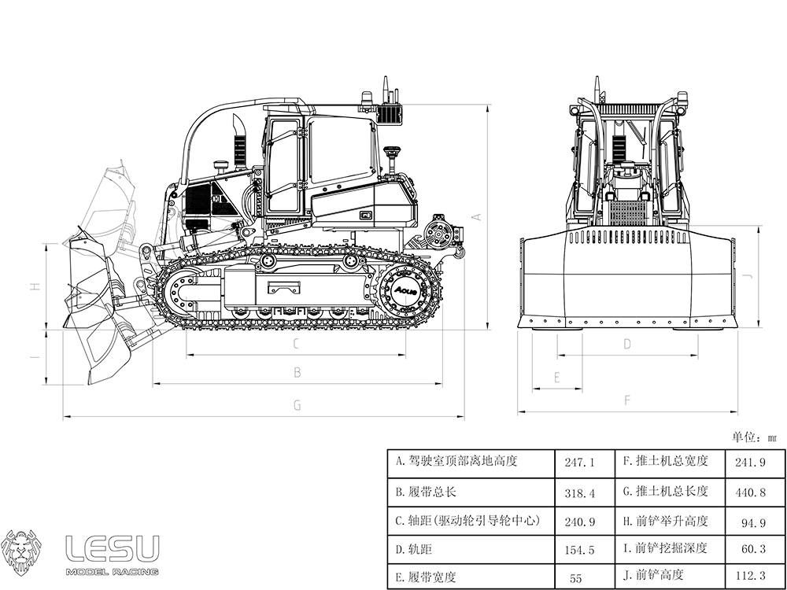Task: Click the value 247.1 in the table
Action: pyautogui.click(x=580, y=462)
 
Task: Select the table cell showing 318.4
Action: pyautogui.click(x=580, y=492)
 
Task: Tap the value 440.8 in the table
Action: pyautogui.click(x=750, y=492)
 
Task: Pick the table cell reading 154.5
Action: pyautogui.click(x=580, y=550)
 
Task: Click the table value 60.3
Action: pyautogui.click(x=754, y=548)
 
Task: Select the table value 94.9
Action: pyautogui.click(x=754, y=523)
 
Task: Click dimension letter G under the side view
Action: pyautogui.click(x=297, y=405)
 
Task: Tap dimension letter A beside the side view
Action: pyautogui.click(x=477, y=217)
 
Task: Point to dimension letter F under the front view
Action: pyautogui.click(x=627, y=400)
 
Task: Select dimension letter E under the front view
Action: pyautogui.click(x=556, y=378)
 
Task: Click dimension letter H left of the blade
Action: pyautogui.click(x=35, y=286)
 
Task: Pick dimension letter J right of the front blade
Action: pyautogui.click(x=748, y=276)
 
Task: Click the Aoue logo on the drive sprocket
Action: pyautogui.click(x=405, y=290)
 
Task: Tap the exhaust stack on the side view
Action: pyautogui.click(x=239, y=142)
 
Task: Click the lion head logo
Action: pyautogui.click(x=20, y=552)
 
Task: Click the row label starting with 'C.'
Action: pyautogui.click(x=467, y=521)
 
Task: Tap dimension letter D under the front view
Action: pyautogui.click(x=627, y=345)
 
